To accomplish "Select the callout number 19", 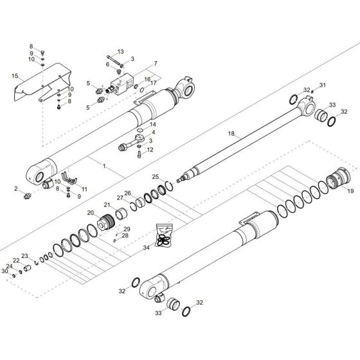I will pos(350,192).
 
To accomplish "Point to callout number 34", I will pos(147,246).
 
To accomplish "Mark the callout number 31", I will pos(323,85).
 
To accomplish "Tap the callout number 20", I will pos(90,213).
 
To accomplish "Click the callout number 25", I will pos(155,176).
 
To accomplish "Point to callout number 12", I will pos(150,149).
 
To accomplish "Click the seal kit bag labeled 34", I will pos(166,233).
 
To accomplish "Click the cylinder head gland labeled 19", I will pos(337,175).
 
